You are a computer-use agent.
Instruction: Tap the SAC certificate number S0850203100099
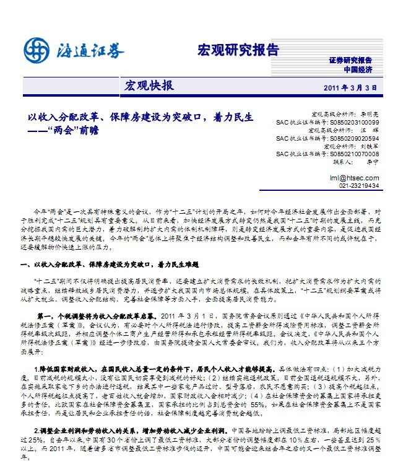[x=353, y=123]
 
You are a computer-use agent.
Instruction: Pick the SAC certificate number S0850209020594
[x=353, y=138]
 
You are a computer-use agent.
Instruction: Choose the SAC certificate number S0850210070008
[x=353, y=154]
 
